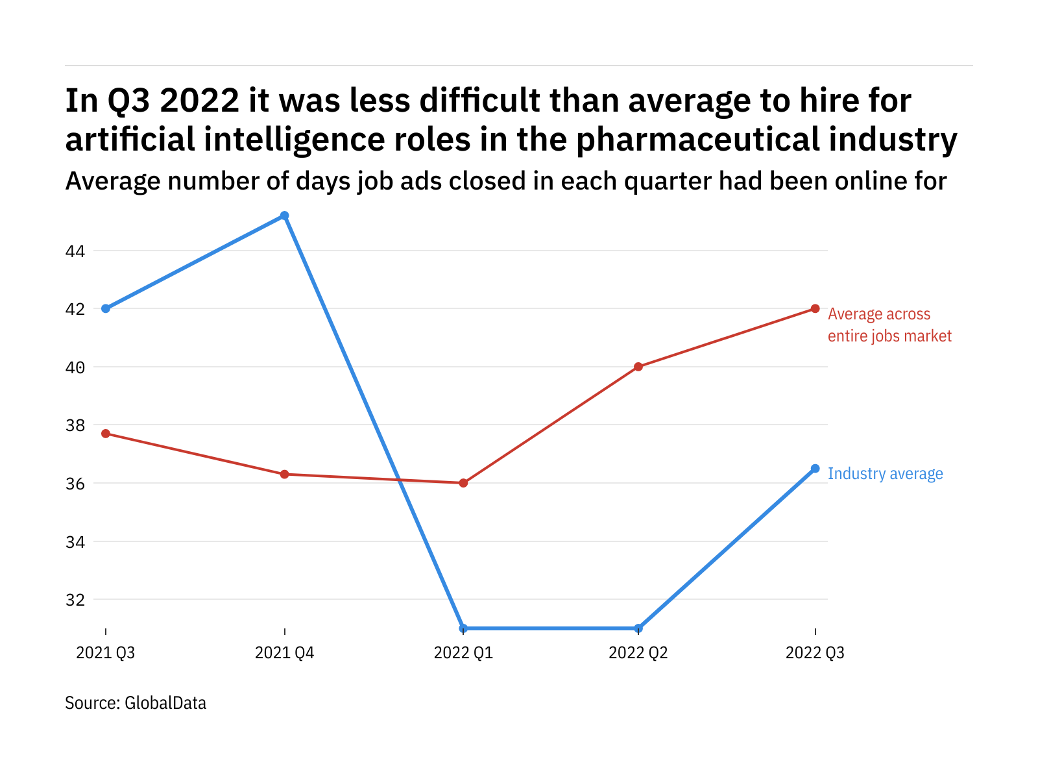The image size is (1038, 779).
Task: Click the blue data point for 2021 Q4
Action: pyautogui.click(x=284, y=216)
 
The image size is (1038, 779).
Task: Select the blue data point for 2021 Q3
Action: pyautogui.click(x=106, y=308)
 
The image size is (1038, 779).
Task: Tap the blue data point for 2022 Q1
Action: pyautogui.click(x=463, y=628)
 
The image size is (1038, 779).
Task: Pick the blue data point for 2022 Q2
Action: pyautogui.click(x=638, y=628)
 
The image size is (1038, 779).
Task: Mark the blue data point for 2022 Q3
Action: pyautogui.click(x=815, y=469)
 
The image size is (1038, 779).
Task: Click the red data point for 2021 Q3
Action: pyautogui.click(x=106, y=434)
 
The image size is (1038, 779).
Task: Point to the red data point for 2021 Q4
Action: pyautogui.click(x=284, y=475)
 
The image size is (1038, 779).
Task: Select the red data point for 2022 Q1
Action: pyautogui.click(x=463, y=483)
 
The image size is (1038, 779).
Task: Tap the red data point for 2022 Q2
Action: pyautogui.click(x=638, y=367)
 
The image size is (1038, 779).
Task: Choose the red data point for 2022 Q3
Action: pyautogui.click(x=815, y=308)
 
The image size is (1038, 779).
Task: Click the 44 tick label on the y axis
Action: pyautogui.click(x=75, y=251)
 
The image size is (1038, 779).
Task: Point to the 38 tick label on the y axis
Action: pyautogui.click(x=75, y=426)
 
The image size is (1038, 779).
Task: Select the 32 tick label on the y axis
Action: pyautogui.click(x=75, y=600)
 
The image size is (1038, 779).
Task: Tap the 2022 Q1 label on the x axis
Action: pyautogui.click(x=463, y=652)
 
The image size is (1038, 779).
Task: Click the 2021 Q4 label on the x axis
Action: pyautogui.click(x=284, y=652)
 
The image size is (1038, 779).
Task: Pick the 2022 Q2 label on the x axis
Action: pyautogui.click(x=638, y=652)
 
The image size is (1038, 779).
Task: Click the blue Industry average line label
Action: pyautogui.click(x=886, y=474)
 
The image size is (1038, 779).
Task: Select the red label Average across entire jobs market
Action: pyautogui.click(x=889, y=325)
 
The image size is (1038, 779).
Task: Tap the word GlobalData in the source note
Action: pyautogui.click(x=165, y=703)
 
